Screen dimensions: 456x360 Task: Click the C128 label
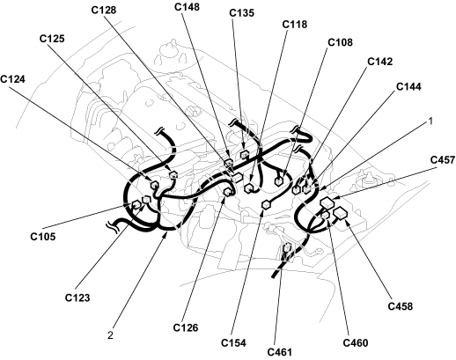104,10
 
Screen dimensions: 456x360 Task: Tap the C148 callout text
187,7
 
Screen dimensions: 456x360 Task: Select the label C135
241,13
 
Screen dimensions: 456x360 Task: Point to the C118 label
295,25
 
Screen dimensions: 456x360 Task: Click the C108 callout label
340,42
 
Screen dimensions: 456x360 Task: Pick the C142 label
380,62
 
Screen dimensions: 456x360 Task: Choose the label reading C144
408,87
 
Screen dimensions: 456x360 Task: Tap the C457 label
443,160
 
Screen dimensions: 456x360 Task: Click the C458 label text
401,306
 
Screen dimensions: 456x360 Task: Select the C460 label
356,342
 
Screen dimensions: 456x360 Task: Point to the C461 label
280,352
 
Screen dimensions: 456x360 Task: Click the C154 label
233,342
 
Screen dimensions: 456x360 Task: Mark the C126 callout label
186,327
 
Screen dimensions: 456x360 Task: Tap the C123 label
77,298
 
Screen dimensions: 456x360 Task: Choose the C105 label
43,237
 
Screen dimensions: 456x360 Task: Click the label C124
12,79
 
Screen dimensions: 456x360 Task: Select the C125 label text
52,39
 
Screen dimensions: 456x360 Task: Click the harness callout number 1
430,121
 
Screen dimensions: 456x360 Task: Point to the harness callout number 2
110,335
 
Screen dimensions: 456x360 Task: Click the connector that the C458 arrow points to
341,213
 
